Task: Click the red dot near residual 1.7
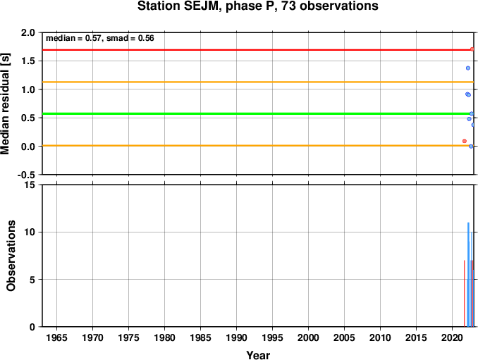tap(472, 49)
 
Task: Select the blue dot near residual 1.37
tap(468, 68)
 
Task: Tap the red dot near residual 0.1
tap(465, 141)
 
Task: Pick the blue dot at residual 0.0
tap(471, 147)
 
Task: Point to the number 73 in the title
tap(288, 6)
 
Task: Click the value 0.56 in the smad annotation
tap(146, 38)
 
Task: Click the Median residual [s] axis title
tap(5, 104)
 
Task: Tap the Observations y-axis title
tap(11, 256)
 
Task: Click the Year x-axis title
tap(258, 355)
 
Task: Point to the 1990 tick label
tap(237, 337)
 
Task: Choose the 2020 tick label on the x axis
tap(453, 337)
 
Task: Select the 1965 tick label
tap(56, 337)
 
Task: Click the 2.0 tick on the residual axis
tap(28, 32)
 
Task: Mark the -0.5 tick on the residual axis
tap(26, 175)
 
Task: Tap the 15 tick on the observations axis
tap(30, 185)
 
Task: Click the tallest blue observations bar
tap(468, 275)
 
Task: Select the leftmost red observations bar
tap(465, 294)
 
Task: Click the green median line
tap(258, 114)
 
